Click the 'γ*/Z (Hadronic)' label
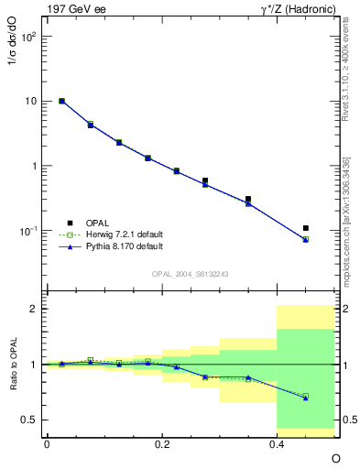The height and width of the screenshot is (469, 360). tap(297, 10)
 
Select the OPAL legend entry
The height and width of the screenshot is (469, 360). tap(96, 223)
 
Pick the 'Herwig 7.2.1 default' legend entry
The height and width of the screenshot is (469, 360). tap(115, 234)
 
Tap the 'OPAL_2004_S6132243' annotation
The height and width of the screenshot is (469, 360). tap(190, 274)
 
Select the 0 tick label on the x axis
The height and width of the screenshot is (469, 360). tap(47, 442)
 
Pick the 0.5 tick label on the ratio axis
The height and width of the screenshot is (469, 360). tap(27, 420)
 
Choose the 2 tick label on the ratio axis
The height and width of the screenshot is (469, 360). tap(32, 309)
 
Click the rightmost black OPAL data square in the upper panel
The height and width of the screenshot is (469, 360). tap(306, 228)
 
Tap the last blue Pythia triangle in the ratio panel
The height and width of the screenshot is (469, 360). tap(306, 398)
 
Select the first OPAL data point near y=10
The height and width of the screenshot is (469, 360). tap(61, 101)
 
